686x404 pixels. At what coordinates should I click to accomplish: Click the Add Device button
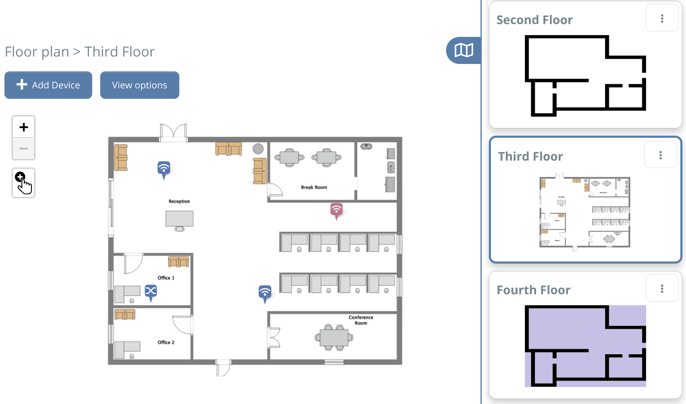[48, 85]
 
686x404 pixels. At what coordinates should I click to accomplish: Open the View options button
[139, 85]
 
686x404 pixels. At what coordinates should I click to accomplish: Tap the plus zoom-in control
[23, 127]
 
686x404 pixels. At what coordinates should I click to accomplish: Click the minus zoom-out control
[23, 148]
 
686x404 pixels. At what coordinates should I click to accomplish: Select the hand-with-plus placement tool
[23, 183]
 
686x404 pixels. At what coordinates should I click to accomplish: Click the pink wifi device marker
[336, 210]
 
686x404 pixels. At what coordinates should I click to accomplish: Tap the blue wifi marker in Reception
[164, 168]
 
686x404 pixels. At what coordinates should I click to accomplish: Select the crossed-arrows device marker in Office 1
[151, 291]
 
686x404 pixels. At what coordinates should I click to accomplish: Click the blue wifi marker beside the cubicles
[265, 292]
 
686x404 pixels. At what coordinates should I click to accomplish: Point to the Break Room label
[314, 187]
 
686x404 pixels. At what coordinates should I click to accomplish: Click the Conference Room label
[361, 320]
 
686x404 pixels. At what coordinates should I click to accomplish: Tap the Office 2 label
[166, 342]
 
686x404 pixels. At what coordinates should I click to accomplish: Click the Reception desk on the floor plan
[179, 219]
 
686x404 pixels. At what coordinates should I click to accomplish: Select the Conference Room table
[334, 338]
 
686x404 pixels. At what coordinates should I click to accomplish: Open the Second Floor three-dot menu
[662, 18]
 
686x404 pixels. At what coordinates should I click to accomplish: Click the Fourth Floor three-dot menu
[662, 289]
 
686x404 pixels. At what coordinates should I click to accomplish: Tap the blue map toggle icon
[464, 50]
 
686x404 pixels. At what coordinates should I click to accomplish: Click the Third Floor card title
[530, 156]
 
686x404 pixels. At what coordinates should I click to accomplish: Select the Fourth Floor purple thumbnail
[585, 346]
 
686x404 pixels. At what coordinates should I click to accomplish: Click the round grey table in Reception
[258, 149]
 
